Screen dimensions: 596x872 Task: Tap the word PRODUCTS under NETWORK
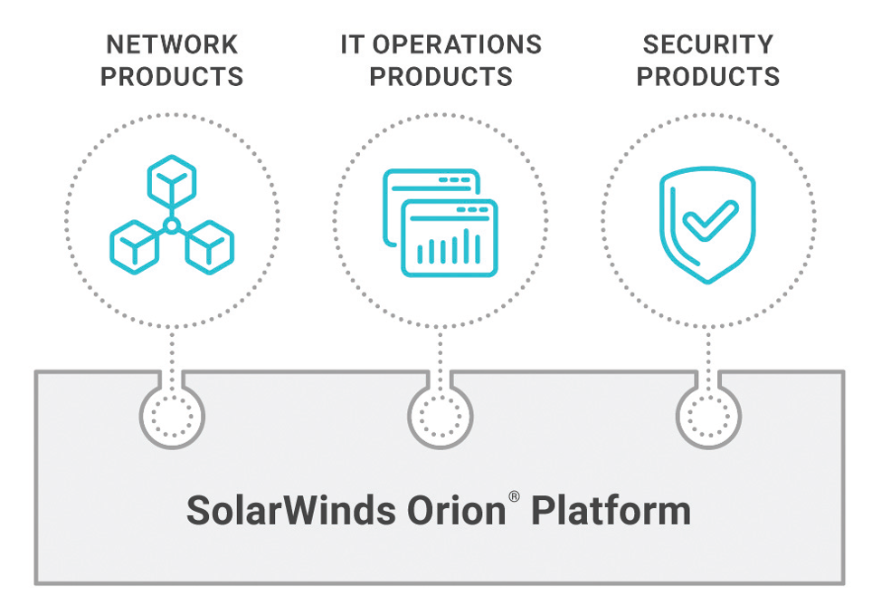coord(172,76)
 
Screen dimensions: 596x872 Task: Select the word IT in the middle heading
coord(351,44)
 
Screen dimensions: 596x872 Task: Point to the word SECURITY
coord(708,44)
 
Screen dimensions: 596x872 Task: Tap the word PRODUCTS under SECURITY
coord(708,76)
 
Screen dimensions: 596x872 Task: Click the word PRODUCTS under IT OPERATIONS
coord(441,76)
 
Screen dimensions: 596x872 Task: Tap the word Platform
coord(611,511)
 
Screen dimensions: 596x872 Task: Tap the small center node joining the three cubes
coord(172,224)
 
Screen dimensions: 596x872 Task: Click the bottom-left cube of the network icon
coord(134,244)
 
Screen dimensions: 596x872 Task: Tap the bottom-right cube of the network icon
coord(210,244)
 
